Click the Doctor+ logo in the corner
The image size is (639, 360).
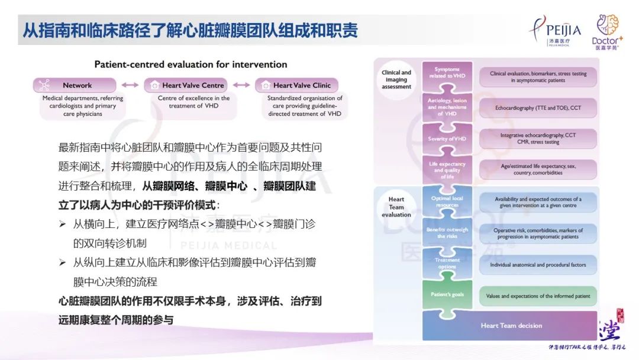[605, 31]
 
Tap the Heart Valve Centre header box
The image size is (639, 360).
[186, 85]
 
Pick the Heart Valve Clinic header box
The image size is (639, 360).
[297, 85]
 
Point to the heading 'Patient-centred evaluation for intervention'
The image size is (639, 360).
[191, 65]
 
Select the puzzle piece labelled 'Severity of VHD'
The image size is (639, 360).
[447, 139]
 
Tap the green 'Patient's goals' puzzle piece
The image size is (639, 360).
[447, 294]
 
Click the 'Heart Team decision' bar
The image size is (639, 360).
[511, 326]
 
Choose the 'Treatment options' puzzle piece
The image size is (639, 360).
[447, 263]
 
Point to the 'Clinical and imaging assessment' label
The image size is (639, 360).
[396, 80]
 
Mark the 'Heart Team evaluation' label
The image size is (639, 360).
[396, 207]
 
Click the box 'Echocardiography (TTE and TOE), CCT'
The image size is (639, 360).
[538, 108]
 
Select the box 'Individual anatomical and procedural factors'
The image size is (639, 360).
[538, 265]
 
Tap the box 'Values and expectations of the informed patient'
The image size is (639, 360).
[538, 296]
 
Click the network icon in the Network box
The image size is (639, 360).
[44, 85]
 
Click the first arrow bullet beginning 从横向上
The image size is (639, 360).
[63, 225]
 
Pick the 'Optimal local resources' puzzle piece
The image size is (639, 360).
[447, 201]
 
